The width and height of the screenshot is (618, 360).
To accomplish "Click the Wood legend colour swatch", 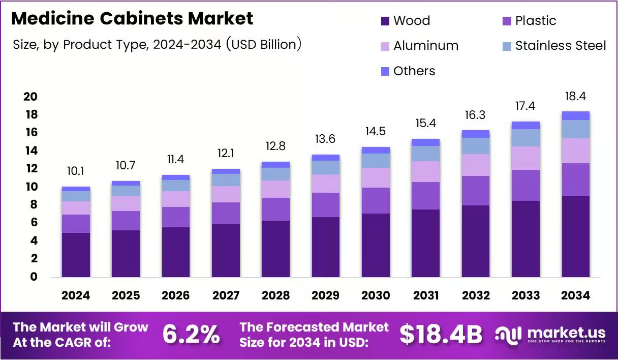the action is coord(385,21).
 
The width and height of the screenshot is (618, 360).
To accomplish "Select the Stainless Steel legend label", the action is coord(561,46).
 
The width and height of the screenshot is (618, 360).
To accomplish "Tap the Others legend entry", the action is coord(408,71).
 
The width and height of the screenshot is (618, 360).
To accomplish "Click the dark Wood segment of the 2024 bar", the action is coord(76,255).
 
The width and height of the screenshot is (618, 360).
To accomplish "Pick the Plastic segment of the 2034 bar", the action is coord(575,179).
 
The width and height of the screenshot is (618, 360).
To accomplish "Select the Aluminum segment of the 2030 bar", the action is coord(376,178).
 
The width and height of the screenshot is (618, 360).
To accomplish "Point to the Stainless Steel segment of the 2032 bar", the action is coord(476,146).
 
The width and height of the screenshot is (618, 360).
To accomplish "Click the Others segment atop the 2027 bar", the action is coord(226,171).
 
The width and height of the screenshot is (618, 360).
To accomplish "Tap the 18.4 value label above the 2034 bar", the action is coord(575,96).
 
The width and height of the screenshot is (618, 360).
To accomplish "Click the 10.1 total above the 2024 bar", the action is coord(76,171).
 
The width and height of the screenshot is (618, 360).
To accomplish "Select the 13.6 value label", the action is coord(325,139).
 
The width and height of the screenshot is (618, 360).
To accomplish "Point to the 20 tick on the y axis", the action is coord(30,97).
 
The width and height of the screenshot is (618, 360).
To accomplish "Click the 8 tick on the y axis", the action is coord(34,204).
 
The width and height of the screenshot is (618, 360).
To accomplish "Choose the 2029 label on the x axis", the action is coord(326,295).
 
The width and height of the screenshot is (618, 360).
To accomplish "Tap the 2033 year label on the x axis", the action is coord(526,295).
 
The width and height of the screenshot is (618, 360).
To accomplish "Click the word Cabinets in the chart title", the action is coord(141,18).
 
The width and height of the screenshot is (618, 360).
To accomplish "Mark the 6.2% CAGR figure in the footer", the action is coord(191,335).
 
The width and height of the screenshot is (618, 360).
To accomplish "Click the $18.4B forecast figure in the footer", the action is coord(441,335).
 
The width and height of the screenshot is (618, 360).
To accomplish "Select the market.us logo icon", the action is coord(508,335).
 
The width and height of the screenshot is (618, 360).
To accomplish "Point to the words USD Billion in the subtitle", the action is coord(264,44).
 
